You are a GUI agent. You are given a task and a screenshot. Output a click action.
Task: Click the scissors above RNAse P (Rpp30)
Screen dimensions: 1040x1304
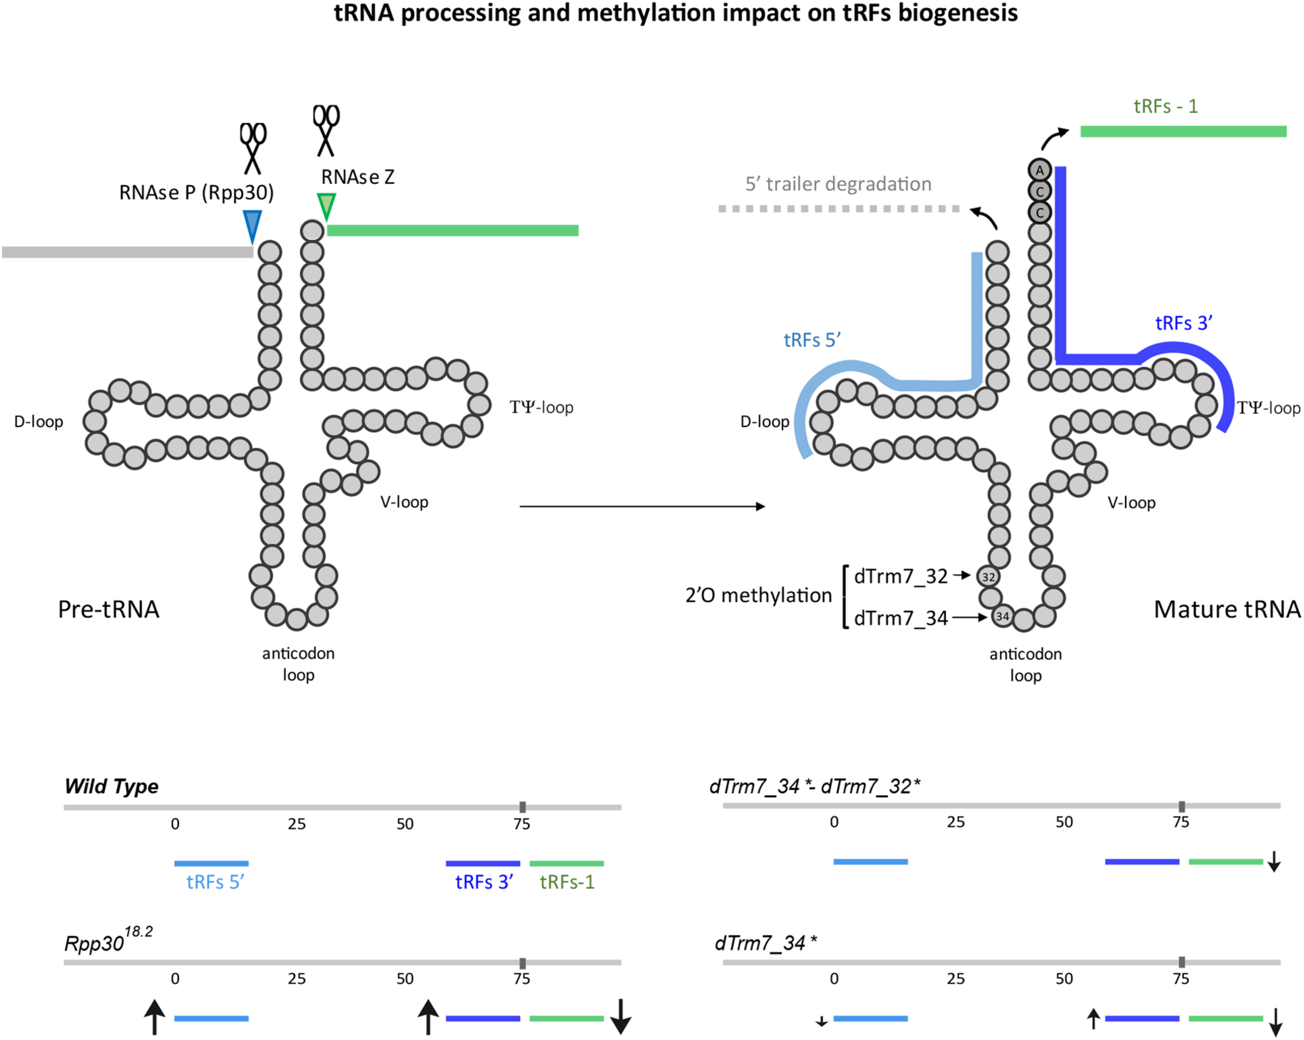point(253,148)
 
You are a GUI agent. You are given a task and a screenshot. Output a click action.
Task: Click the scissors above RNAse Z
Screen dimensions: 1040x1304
point(326,130)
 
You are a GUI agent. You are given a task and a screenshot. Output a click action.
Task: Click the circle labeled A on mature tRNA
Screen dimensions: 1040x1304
point(1040,171)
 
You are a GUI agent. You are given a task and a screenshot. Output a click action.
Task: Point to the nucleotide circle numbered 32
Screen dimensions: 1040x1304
point(988,577)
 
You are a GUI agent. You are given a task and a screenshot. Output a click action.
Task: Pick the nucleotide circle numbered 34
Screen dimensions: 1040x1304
point(1002,616)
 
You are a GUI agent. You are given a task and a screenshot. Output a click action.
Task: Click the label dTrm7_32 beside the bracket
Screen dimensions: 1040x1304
point(901,577)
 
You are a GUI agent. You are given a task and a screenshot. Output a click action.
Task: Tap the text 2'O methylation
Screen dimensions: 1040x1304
point(758,596)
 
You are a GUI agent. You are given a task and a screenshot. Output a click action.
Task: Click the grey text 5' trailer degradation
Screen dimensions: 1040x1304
point(838,184)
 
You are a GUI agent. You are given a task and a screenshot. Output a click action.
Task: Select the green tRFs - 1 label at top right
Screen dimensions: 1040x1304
point(1165,106)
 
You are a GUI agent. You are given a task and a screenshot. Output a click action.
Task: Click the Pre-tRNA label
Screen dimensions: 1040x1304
point(109,609)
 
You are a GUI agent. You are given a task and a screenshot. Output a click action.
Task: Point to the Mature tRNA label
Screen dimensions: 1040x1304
point(1227,609)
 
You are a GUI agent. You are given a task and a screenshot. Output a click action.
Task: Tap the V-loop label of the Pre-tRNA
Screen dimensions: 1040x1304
point(404,502)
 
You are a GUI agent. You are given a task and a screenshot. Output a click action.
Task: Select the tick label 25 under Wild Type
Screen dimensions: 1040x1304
point(296,824)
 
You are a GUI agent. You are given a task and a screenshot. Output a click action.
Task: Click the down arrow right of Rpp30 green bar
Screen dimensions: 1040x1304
point(621,1017)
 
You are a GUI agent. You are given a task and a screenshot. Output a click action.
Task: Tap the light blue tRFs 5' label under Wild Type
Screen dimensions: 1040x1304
point(215,882)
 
